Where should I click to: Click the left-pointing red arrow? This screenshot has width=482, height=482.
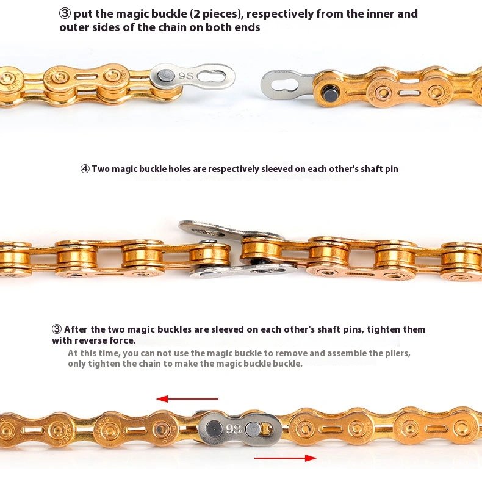[x=187, y=399]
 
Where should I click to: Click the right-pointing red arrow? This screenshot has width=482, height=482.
[x=286, y=458]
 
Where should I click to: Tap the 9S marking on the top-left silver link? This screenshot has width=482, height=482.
[x=185, y=76]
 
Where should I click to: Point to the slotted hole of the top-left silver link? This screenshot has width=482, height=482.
[x=212, y=76]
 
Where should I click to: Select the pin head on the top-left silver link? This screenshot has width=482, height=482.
[x=166, y=75]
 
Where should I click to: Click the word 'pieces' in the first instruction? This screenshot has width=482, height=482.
[x=218, y=14]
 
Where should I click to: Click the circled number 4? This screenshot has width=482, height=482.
[x=85, y=169]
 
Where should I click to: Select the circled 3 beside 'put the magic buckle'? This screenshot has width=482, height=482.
[x=65, y=14]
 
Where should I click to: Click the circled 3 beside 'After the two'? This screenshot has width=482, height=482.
[x=57, y=329]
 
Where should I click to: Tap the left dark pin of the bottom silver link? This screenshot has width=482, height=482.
[x=212, y=427]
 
